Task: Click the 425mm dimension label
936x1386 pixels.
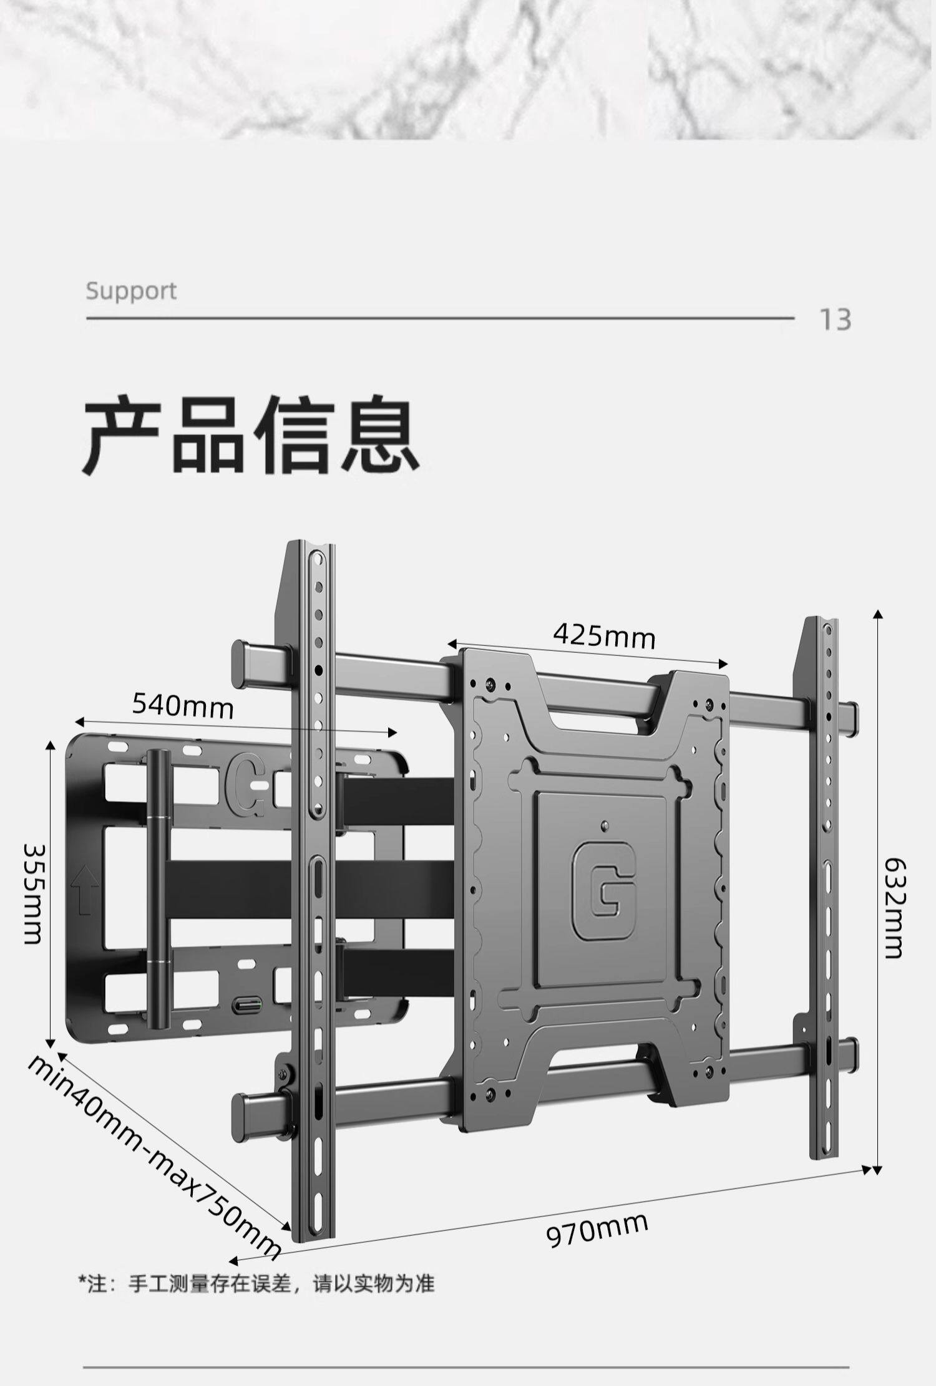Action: click(x=604, y=637)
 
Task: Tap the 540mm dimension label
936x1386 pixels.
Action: click(x=183, y=706)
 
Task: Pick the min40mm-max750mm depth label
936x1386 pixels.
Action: click(x=154, y=1157)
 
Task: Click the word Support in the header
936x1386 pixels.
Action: click(x=131, y=291)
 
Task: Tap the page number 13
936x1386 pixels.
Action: click(x=835, y=320)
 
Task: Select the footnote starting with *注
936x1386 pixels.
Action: click(x=256, y=1284)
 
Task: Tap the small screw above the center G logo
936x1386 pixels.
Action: click(x=603, y=825)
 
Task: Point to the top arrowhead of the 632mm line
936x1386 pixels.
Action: click(x=878, y=614)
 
